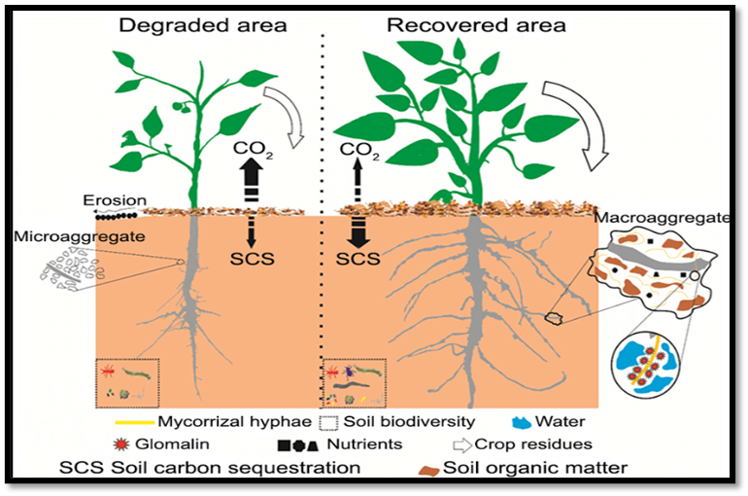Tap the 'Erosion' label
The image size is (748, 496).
pos(115,201)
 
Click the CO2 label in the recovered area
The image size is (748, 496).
pos(359,150)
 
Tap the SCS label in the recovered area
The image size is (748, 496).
pos(358,260)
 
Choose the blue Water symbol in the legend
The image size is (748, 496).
pos(523,422)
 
